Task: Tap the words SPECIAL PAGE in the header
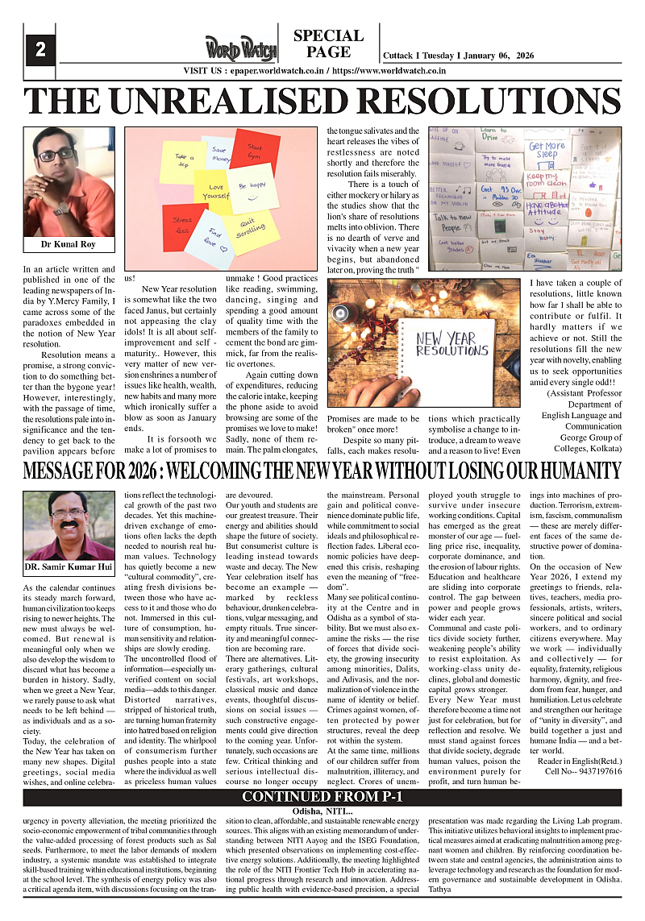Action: [328, 44]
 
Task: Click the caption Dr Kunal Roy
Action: [69, 244]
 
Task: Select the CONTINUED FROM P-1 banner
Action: [322, 798]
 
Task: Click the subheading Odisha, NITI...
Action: [323, 811]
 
